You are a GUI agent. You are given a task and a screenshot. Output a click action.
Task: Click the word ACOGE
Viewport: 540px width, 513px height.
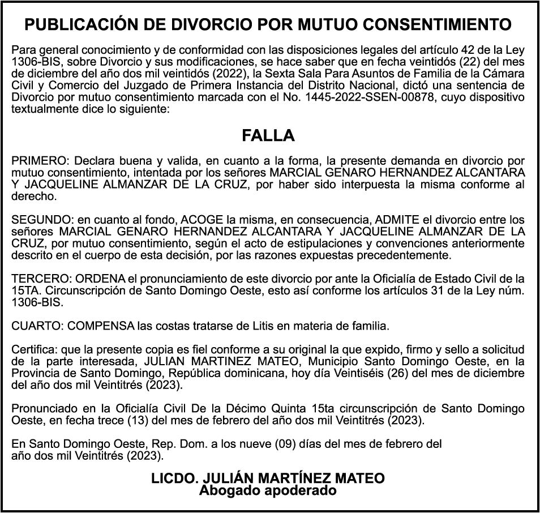tap(203, 219)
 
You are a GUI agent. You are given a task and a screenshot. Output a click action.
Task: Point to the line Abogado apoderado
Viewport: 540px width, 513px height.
tap(268, 490)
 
